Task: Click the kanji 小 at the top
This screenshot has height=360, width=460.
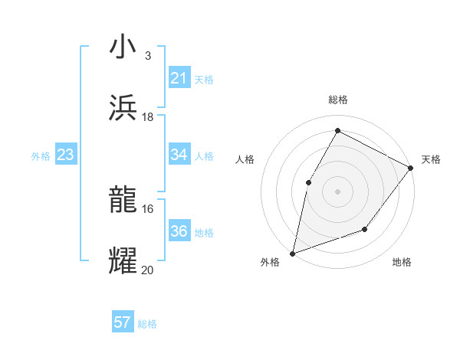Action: (123, 47)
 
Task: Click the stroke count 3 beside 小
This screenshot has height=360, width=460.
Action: (147, 56)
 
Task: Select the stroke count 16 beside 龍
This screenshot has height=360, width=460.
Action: (147, 208)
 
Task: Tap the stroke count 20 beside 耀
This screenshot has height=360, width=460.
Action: (147, 270)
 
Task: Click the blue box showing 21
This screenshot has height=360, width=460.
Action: (179, 78)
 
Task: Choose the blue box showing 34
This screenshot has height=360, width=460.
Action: (179, 155)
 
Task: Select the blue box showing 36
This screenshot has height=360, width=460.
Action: (179, 231)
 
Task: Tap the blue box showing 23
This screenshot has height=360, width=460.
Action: (66, 155)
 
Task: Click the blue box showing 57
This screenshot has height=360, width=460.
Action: (123, 322)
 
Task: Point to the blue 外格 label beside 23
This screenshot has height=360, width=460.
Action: (41, 156)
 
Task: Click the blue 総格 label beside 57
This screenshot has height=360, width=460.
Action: (147, 324)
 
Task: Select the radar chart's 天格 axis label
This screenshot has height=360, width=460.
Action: (431, 159)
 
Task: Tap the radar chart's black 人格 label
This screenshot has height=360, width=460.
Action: (244, 159)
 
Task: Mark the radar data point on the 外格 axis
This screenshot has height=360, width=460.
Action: (292, 253)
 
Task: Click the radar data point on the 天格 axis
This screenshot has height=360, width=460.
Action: (410, 168)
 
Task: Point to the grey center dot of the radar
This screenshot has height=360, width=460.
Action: (337, 191)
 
